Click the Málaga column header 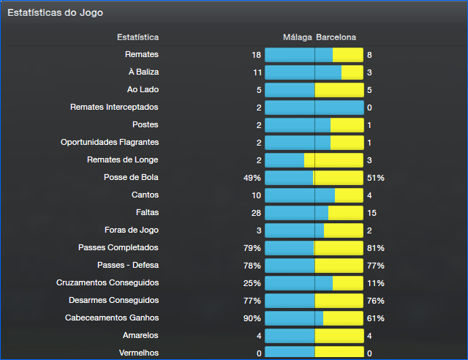click(298, 37)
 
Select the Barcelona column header click(336, 37)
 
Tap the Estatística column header click(137, 37)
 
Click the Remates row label click(142, 55)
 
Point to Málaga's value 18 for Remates click(256, 55)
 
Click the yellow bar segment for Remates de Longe click(333, 160)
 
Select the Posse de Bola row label click(132, 178)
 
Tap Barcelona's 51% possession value click(376, 178)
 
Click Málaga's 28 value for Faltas click(256, 213)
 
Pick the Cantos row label click(145, 195)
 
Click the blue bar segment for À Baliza click(303, 72)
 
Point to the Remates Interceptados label click(114, 108)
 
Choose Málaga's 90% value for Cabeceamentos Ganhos click(252, 318)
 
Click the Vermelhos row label click(139, 353)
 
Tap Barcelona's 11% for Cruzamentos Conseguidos click(376, 283)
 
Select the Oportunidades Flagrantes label click(110, 143)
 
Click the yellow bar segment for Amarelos click(339, 336)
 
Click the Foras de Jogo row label click(132, 230)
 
